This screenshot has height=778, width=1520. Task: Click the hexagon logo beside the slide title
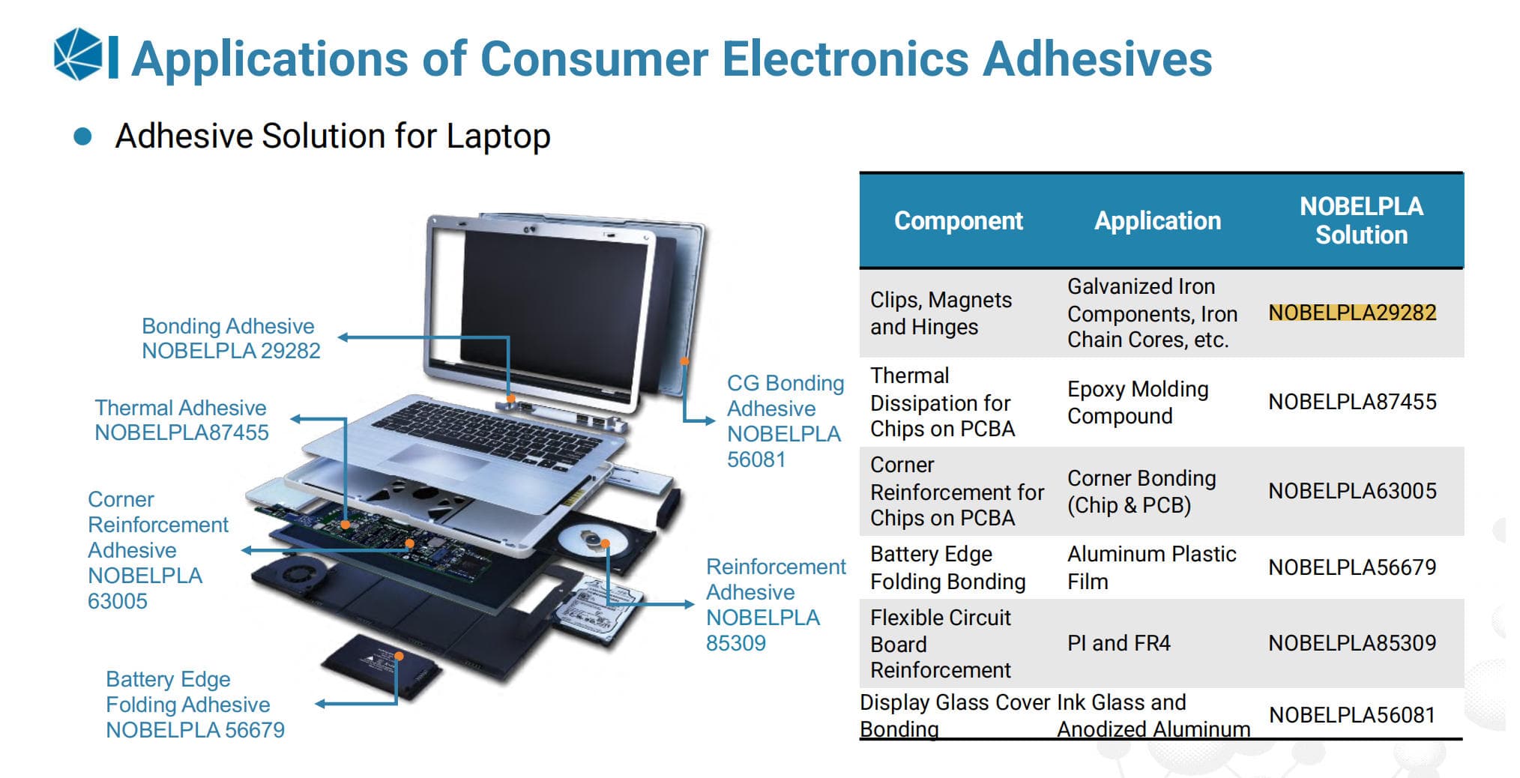[78, 53]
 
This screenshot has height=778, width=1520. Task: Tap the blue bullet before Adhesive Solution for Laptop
[82, 136]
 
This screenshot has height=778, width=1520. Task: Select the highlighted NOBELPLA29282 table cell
[1352, 313]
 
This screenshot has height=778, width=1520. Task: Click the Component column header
[958, 220]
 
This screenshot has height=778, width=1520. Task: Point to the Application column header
[1157, 220]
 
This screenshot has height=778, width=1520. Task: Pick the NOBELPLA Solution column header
[1361, 220]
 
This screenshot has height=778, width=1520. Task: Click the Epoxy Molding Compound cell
[1138, 402]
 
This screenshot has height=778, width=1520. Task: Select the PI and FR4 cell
[1118, 643]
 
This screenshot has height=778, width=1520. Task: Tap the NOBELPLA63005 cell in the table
[1352, 491]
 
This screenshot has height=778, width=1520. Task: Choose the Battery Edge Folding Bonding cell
[947, 567]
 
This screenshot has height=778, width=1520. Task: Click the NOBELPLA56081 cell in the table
[1352, 715]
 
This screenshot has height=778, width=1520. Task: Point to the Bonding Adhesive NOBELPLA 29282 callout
[231, 338]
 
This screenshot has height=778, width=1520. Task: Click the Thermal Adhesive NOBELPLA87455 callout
[181, 420]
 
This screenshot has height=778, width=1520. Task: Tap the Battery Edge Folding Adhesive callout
[195, 705]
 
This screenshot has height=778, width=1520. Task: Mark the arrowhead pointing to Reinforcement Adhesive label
[689, 603]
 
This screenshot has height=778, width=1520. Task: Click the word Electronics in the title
[845, 58]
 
